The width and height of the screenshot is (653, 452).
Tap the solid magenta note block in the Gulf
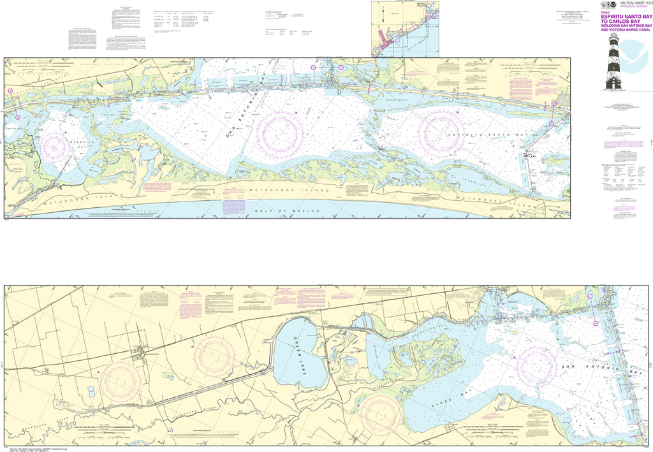[x=230, y=205]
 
